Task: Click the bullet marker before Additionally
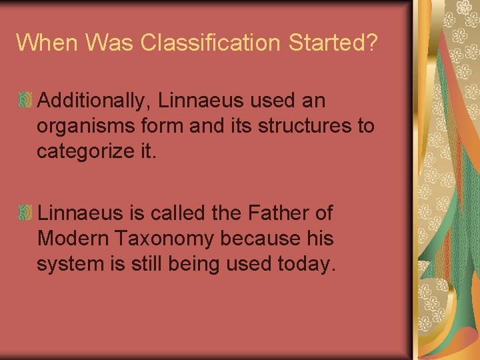25,101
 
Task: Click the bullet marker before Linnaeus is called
25,213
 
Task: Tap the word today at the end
305,263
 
